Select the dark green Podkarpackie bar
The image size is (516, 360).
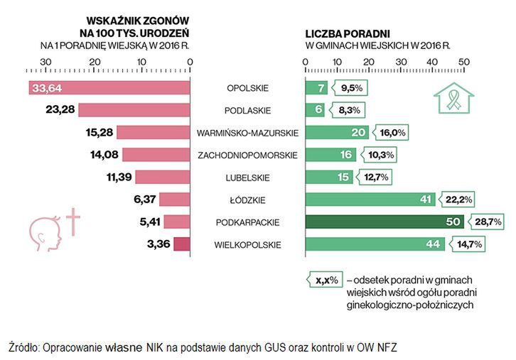coord(384,222)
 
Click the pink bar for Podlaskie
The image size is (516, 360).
coord(134,110)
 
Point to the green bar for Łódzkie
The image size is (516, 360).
coord(362,200)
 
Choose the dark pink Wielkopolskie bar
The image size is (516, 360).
coord(182,245)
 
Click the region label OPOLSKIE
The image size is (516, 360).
coord(247,88)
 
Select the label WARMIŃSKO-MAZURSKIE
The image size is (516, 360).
coord(247,133)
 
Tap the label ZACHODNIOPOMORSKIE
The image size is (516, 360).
coord(247,155)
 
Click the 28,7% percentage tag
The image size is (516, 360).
coord(488,222)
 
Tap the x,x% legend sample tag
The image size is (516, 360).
coord(323,280)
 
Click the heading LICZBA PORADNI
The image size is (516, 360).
coord(347,33)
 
